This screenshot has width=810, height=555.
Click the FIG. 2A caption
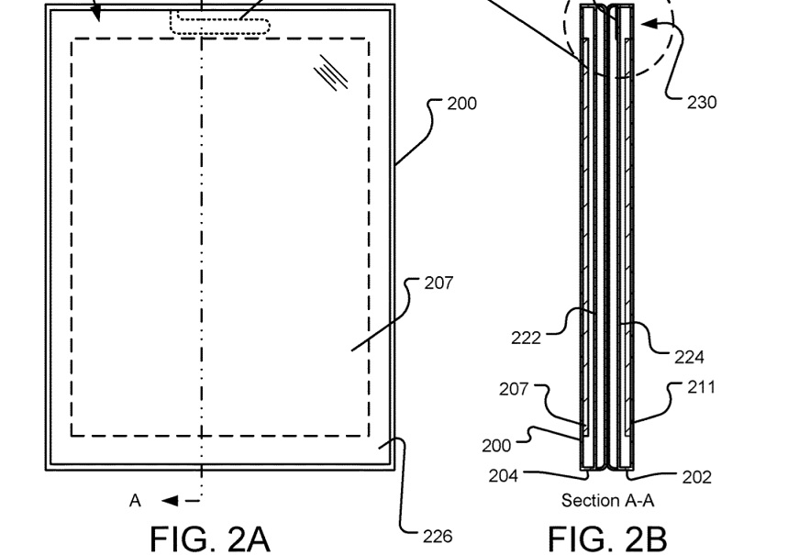[210, 537]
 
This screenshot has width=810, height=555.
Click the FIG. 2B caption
[607, 537]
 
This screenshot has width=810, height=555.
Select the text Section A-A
[607, 500]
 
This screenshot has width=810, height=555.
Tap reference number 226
[437, 537]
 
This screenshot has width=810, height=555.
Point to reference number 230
[702, 103]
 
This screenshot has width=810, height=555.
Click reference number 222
[526, 339]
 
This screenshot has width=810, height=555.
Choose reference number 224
[689, 357]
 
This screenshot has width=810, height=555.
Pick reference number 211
[701, 387]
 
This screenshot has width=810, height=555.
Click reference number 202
[697, 477]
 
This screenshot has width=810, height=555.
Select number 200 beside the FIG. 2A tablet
[461, 104]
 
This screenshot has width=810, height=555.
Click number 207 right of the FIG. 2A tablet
[438, 283]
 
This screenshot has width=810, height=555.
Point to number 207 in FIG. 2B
[514, 389]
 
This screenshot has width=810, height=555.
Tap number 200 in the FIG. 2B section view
[496, 446]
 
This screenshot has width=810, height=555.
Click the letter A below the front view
[135, 501]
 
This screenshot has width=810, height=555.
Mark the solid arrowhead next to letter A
[169, 501]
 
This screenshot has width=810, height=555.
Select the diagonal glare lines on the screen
[331, 72]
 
